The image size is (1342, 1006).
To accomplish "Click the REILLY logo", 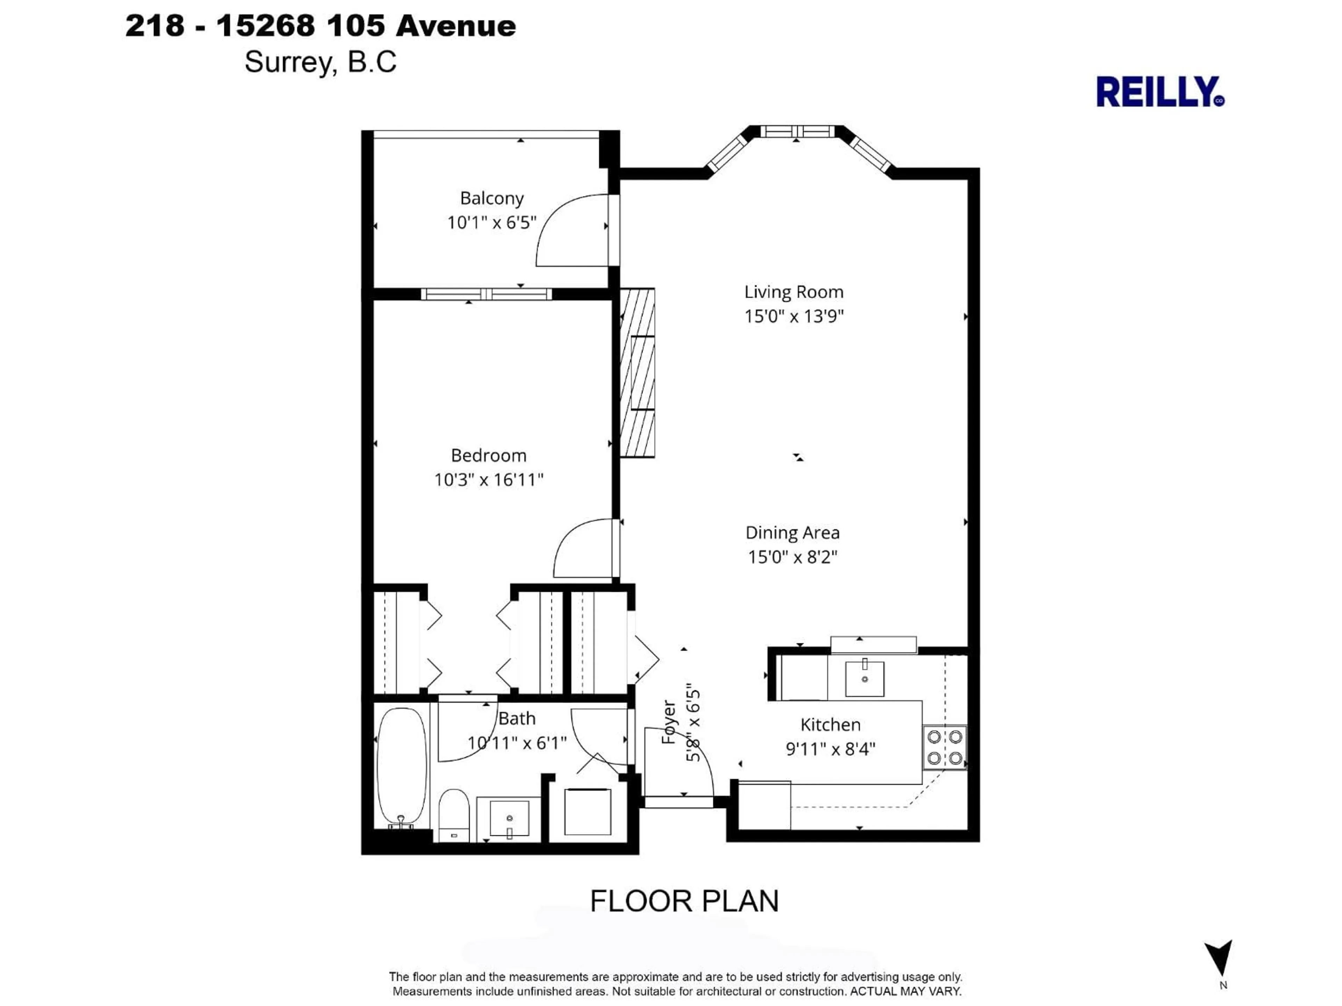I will (x=1159, y=92).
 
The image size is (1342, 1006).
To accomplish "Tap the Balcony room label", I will (x=491, y=198).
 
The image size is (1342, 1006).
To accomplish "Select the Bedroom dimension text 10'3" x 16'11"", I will (x=488, y=480).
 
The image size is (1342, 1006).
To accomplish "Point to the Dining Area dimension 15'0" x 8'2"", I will (x=792, y=557).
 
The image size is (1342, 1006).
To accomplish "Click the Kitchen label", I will (x=830, y=725).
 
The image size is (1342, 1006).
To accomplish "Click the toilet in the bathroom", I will (x=454, y=814).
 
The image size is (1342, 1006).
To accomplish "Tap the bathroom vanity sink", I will (x=509, y=819).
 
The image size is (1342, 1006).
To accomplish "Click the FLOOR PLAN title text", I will (x=684, y=901).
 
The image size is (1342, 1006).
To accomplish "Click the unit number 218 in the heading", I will (x=155, y=26).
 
